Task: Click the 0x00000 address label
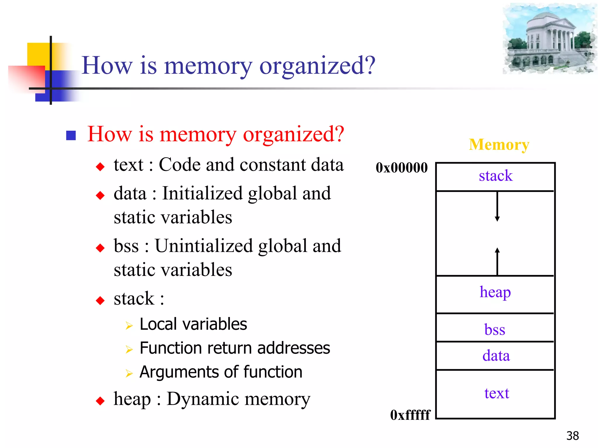(x=401, y=168)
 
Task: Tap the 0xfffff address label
(x=410, y=415)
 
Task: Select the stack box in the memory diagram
(x=495, y=176)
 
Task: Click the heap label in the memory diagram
(x=495, y=292)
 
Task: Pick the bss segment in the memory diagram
(x=495, y=330)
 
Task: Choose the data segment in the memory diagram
(x=496, y=356)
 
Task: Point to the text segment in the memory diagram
(x=496, y=393)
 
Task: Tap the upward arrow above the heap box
(x=497, y=261)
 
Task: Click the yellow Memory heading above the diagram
(x=499, y=145)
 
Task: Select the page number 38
(x=572, y=436)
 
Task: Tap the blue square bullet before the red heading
(x=71, y=135)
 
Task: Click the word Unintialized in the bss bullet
(x=204, y=246)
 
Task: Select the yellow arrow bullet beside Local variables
(x=129, y=325)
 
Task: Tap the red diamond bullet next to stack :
(x=100, y=300)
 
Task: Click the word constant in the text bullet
(x=273, y=165)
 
